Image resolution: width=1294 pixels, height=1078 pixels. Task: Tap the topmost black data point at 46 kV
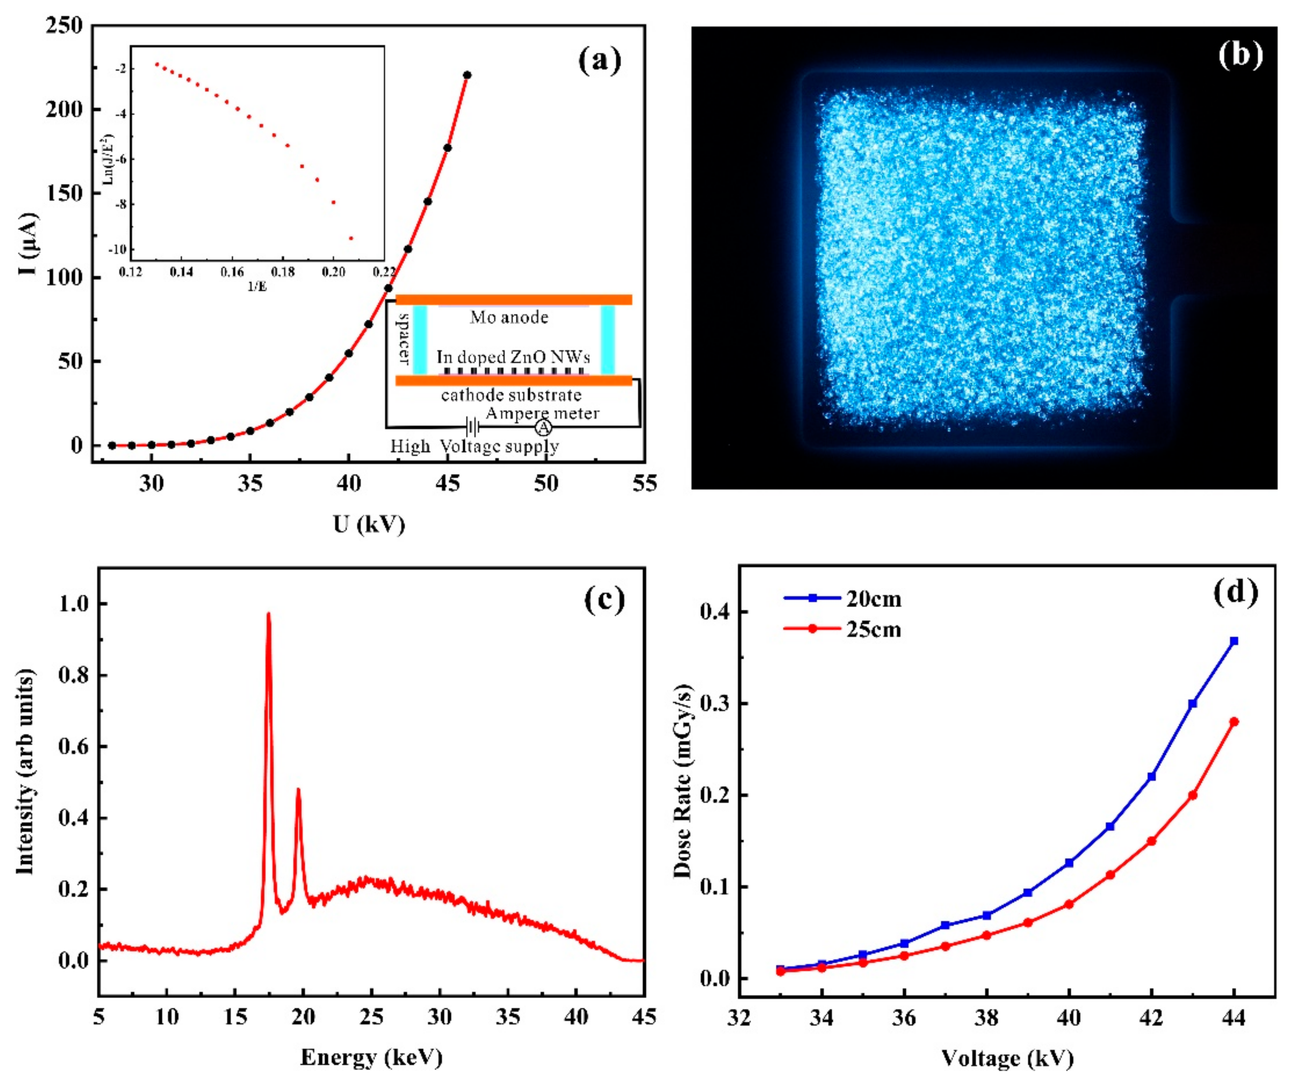click(467, 75)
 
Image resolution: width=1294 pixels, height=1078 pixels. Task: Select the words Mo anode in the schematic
click(509, 317)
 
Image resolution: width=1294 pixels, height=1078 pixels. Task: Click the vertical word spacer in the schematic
click(404, 338)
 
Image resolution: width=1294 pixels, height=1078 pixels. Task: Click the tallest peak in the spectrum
click(268, 614)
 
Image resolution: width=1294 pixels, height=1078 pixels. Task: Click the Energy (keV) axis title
click(372, 1058)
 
